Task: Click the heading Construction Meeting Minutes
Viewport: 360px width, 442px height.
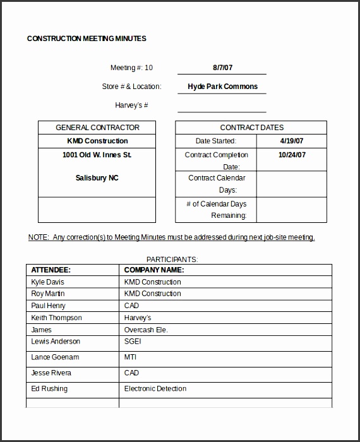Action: click(x=87, y=39)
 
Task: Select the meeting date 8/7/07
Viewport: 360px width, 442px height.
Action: click(x=222, y=68)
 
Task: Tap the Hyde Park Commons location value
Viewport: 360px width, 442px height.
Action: click(x=222, y=87)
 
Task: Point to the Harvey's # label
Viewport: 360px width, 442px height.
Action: click(x=131, y=105)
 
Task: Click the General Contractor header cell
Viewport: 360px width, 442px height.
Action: click(x=97, y=128)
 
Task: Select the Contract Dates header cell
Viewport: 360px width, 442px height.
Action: click(x=251, y=128)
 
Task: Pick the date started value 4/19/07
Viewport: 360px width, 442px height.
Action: click(x=292, y=141)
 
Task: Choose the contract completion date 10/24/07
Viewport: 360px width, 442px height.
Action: click(x=292, y=155)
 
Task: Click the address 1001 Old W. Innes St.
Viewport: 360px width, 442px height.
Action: click(x=97, y=155)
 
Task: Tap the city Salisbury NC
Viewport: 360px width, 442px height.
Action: click(x=97, y=178)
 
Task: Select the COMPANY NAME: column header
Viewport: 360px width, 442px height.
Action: click(x=153, y=270)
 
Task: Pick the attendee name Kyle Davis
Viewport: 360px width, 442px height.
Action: click(x=47, y=282)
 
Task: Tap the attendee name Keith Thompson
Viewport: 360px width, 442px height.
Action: click(x=56, y=318)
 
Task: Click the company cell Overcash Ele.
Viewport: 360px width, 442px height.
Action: click(x=146, y=330)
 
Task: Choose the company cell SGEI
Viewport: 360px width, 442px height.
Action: click(x=133, y=342)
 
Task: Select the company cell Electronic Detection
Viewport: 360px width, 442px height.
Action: click(x=155, y=388)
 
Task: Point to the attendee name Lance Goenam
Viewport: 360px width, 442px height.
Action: click(x=55, y=357)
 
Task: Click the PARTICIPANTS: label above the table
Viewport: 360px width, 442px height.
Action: click(x=172, y=259)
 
